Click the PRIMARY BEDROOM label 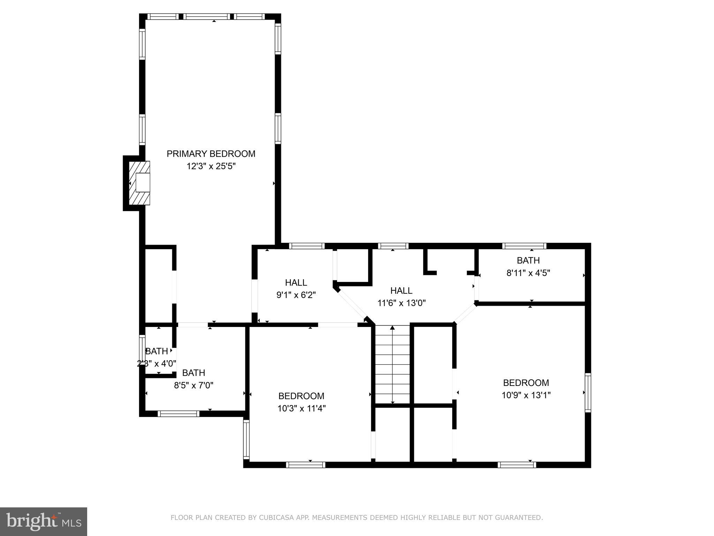pos(211,154)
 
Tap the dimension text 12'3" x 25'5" pos(211,166)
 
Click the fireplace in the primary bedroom pos(140,183)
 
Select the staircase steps pos(393,365)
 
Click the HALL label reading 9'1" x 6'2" pos(296,283)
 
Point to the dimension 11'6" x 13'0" pos(402,303)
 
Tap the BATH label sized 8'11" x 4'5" pos(528,260)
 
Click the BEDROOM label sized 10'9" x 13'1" pos(526,383)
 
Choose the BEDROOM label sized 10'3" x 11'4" pos(301,396)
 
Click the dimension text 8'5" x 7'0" pos(193,385)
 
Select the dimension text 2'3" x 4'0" pos(157,364)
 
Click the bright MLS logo pos(44,521)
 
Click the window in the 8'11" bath pos(524,246)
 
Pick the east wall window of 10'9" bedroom pos(588,393)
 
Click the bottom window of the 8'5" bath pos(178,414)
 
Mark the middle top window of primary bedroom pos(207,16)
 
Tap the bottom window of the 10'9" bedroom pos(517,464)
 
